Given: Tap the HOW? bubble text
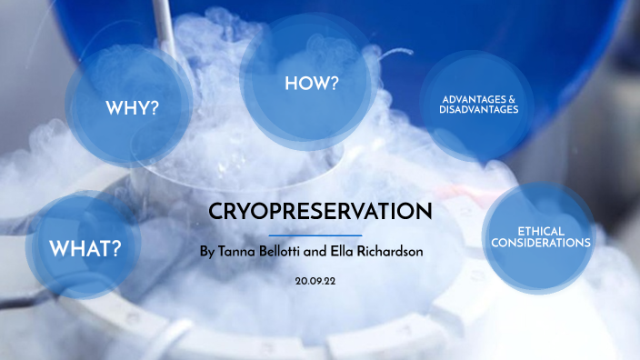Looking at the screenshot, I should tap(312, 84).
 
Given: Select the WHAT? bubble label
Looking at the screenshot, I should tap(85, 247).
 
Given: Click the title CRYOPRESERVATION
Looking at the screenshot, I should tap(320, 212).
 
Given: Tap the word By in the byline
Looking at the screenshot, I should tap(207, 249).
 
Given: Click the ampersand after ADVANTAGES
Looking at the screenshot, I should tap(512, 98).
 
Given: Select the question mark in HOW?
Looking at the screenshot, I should tap(335, 84).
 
